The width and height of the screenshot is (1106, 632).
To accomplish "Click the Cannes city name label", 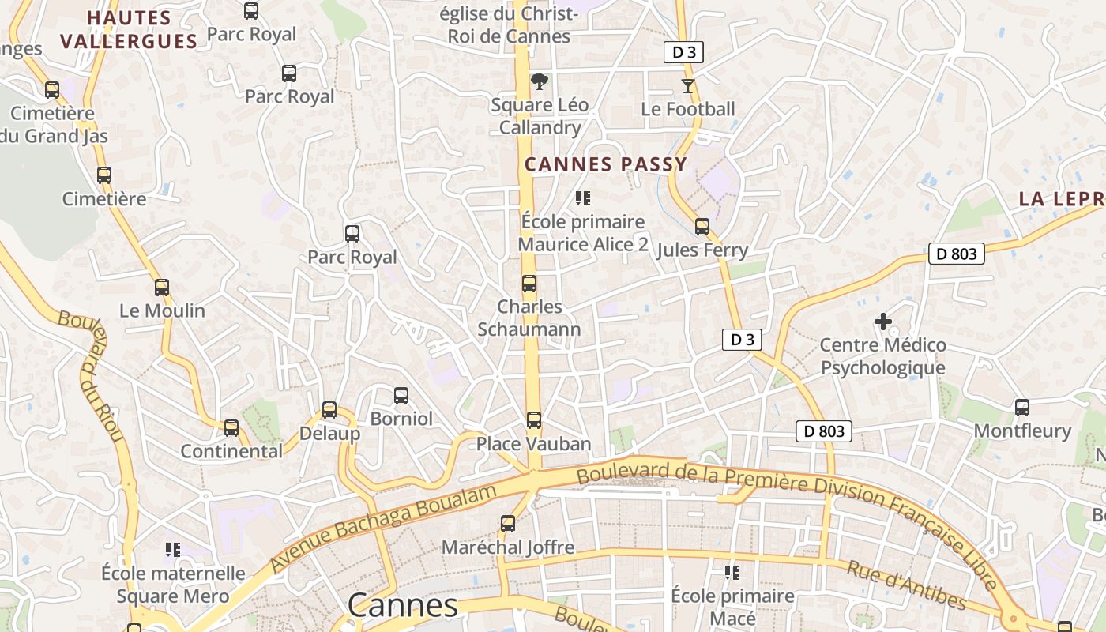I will coord(402,606).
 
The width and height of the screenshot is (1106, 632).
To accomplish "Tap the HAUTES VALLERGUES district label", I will coord(129,29).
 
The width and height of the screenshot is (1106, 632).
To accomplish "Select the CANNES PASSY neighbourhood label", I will coord(606,164).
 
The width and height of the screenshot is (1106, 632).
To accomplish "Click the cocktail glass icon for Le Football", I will coord(688,85).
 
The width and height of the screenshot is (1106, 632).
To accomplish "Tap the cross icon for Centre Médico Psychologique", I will coord(883,322).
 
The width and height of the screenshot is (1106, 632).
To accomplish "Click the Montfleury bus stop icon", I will coord(1022,408).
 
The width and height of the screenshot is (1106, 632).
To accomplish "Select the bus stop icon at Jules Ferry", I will coord(702,228).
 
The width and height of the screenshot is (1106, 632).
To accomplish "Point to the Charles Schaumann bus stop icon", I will coord(529,284).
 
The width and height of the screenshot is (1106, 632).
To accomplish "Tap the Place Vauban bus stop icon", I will coord(534,420).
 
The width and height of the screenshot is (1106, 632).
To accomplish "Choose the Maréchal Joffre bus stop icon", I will coord(508,523).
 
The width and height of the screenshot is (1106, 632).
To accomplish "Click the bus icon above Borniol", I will coord(401,395).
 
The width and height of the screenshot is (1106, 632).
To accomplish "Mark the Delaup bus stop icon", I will coord(329,410).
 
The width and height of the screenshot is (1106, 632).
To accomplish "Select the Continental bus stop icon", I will coord(231,428).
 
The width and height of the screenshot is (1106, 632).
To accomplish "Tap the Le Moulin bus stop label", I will coord(162,310).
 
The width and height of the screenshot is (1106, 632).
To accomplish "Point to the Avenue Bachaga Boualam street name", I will coord(384,528).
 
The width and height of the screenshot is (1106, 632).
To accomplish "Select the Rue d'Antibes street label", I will coord(907,585).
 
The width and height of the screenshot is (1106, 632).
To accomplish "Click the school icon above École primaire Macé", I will coord(732,572).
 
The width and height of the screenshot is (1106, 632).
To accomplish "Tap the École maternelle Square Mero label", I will coord(173,584).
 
